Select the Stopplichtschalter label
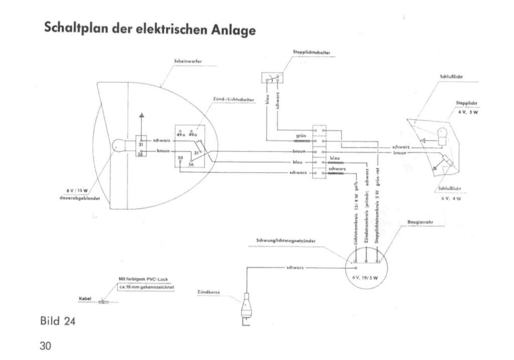click(311, 52)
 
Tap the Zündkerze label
click(207, 292)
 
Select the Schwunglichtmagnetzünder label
click(286, 241)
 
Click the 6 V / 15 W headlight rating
click(77, 190)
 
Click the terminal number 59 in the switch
click(180, 159)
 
